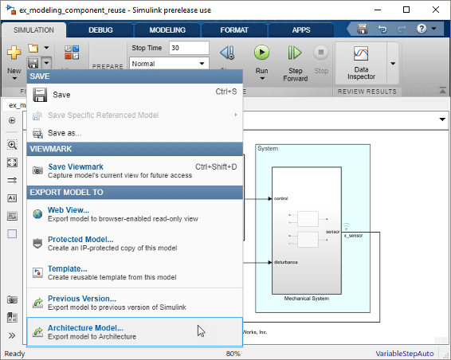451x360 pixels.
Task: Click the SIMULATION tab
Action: click(33, 29)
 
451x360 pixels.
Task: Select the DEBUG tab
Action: click(100, 29)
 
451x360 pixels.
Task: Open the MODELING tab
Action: click(167, 29)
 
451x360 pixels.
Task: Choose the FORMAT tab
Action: click(234, 29)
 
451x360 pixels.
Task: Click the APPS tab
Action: click(301, 29)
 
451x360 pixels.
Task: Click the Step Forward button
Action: click(295, 62)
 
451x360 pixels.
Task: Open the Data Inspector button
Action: click(360, 61)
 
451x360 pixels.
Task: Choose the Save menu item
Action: click(61, 94)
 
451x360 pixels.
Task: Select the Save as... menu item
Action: click(65, 133)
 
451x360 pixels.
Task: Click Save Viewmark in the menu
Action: click(76, 166)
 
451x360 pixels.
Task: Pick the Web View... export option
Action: click(69, 210)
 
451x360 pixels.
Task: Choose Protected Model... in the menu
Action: click(80, 239)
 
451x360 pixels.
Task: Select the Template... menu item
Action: click(67, 268)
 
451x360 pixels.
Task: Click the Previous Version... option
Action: click(82, 299)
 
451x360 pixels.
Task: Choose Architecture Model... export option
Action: click(85, 327)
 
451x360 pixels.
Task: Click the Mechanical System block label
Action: click(307, 298)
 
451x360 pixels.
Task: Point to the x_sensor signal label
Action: click(353, 236)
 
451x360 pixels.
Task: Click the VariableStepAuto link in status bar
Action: click(410, 354)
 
